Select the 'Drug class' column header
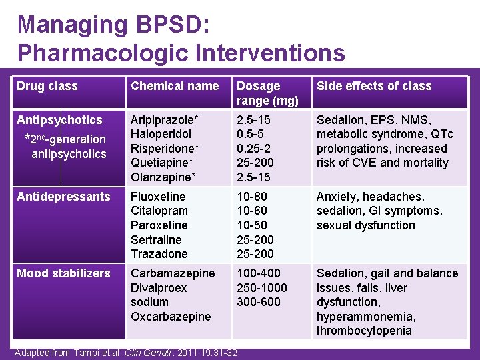[47, 86]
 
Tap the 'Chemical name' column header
[175, 86]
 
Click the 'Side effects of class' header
[374, 86]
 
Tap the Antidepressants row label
[63, 197]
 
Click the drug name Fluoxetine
[159, 197]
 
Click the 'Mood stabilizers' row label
[63, 273]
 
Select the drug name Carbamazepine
[173, 273]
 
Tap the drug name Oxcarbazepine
[171, 317]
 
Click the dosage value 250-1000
[262, 288]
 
